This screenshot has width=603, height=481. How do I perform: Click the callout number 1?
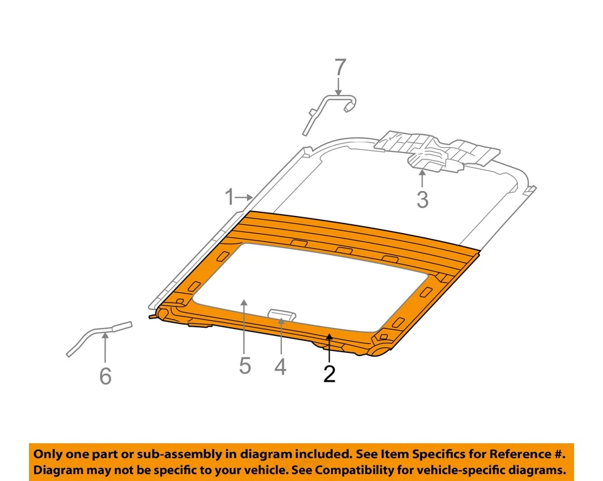point(230,198)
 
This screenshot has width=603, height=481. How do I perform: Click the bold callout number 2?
point(329,374)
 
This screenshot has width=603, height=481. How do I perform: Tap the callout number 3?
point(422,200)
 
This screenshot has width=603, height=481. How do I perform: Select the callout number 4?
point(281,366)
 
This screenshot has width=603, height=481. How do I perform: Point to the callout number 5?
point(244,365)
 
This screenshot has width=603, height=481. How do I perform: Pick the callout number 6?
point(106,376)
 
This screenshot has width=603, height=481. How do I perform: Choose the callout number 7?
point(340,67)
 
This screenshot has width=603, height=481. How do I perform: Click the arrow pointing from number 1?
point(246,198)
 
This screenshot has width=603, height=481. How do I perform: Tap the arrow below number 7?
point(340,86)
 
